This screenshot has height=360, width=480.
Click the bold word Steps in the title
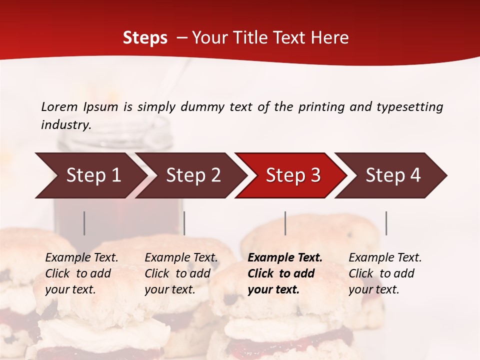tap(145, 38)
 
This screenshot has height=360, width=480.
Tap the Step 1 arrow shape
tap(93, 175)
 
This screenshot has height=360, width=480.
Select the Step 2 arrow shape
tap(193, 175)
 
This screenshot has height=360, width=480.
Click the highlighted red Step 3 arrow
tap(293, 175)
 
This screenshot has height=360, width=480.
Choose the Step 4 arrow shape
tap(393, 175)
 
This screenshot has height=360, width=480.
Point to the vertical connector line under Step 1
tap(84, 223)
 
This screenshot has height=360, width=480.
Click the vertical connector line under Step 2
tap(184, 223)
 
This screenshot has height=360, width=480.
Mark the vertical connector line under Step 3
tap(285, 223)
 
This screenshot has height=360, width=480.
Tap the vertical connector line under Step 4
tap(386, 223)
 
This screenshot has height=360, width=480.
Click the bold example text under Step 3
tap(284, 273)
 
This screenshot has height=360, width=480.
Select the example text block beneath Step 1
tap(81, 273)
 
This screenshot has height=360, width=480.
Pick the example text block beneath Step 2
tap(181, 273)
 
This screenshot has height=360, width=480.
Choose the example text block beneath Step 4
tap(385, 273)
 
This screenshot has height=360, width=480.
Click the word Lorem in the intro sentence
tap(59, 106)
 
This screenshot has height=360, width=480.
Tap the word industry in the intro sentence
tap(65, 124)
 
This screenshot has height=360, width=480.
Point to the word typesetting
tap(409, 106)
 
